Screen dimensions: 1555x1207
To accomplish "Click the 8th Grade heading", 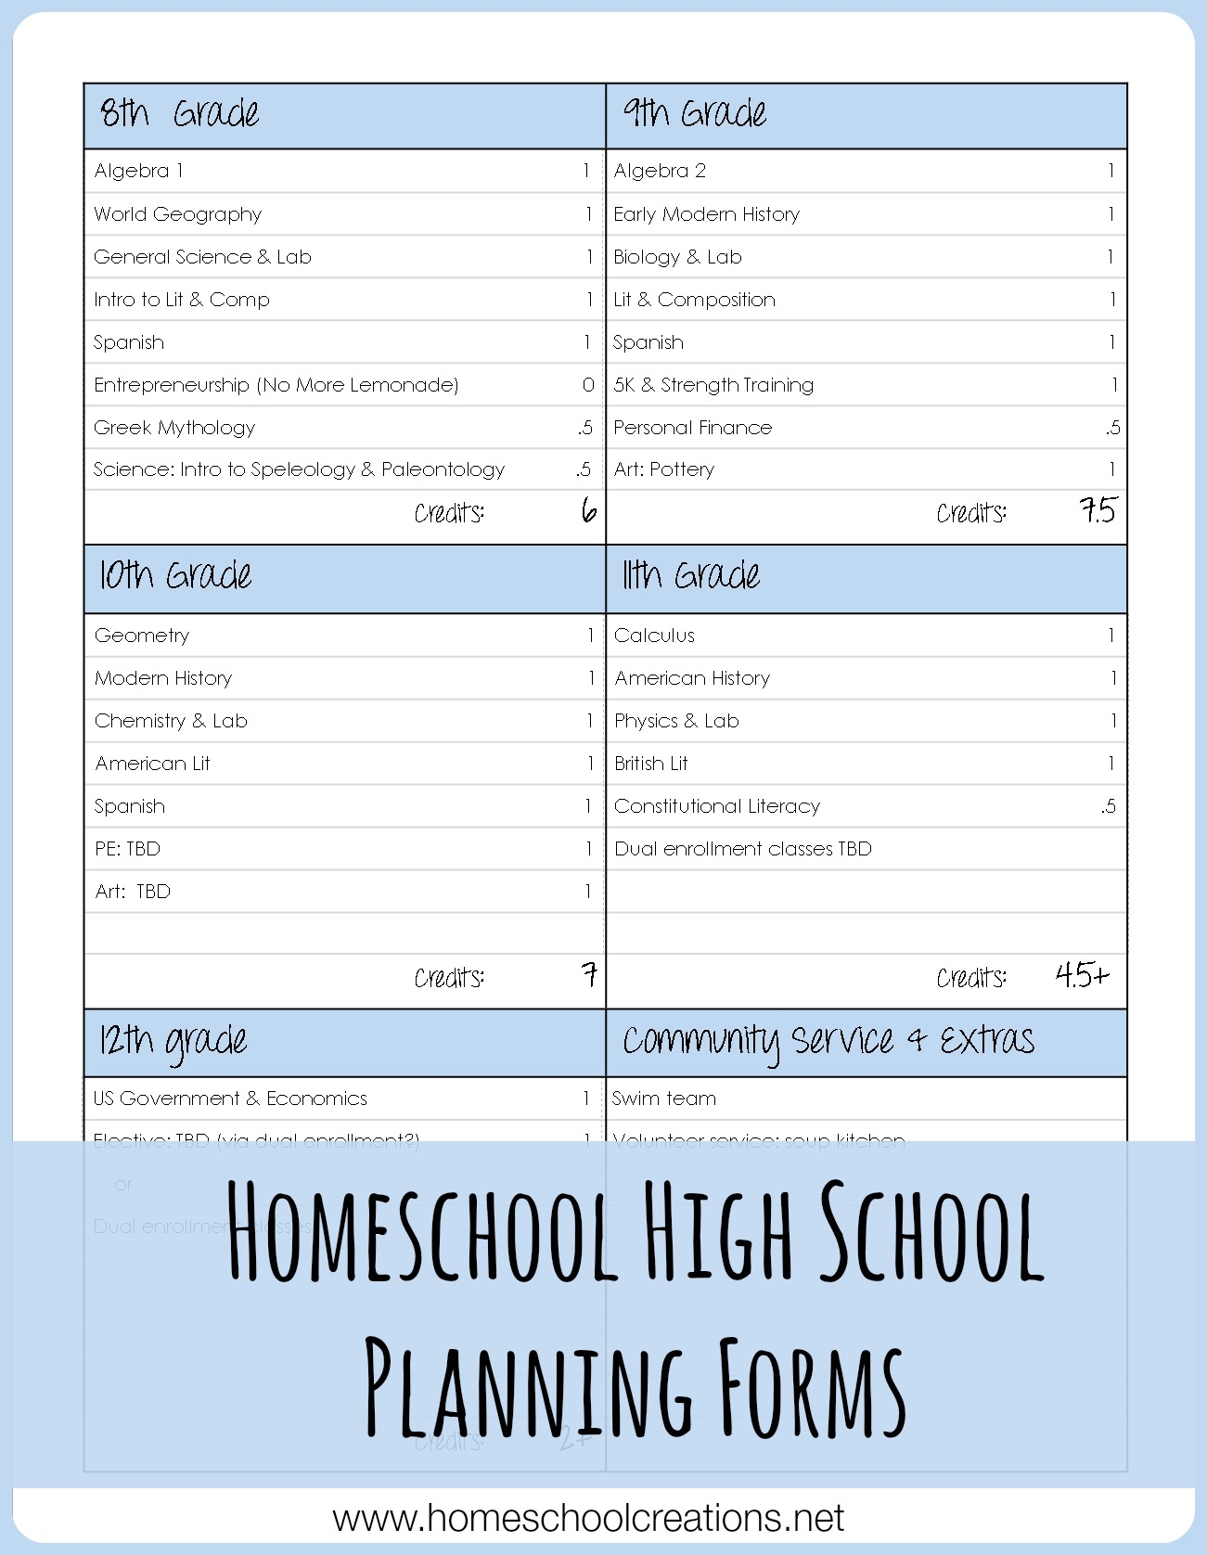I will [179, 114].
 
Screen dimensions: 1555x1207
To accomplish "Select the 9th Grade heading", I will [694, 114].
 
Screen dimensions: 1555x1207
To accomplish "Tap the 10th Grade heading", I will [175, 576].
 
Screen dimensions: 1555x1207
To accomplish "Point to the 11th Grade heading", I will [690, 576].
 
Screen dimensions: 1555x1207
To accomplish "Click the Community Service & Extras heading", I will [828, 1041].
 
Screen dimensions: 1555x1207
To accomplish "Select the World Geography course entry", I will [177, 214].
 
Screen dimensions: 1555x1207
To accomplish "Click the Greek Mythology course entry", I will [174, 428].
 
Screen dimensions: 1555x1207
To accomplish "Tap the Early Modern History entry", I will [706, 214].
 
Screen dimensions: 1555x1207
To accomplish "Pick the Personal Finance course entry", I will [692, 428].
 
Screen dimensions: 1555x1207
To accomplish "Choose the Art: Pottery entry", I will [663, 469].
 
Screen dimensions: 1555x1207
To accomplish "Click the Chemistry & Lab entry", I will [171, 721].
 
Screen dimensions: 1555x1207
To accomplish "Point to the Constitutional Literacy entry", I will [716, 806].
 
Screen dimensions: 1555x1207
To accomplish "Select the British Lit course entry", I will [650, 764].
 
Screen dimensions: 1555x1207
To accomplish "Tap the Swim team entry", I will [663, 1099].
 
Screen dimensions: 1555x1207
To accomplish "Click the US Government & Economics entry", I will [230, 1099].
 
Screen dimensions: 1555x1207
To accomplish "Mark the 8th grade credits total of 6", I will [588, 511].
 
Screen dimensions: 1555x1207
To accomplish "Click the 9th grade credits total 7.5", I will [1098, 511].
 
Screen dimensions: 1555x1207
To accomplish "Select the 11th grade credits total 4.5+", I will [1082, 975].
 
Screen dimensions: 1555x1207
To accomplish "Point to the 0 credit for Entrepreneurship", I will [587, 385].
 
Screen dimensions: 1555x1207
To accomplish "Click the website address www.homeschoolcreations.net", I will [588, 1519].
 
